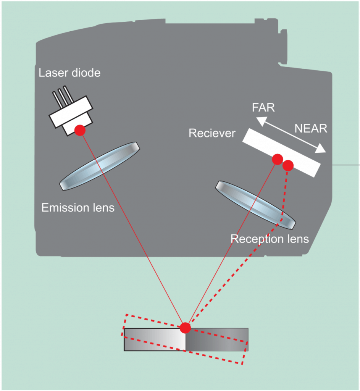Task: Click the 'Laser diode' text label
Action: tap(69, 73)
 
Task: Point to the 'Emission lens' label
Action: tap(78, 208)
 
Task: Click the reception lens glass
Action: tap(255, 205)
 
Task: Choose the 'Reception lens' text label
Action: tap(270, 239)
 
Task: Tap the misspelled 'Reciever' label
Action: tap(212, 134)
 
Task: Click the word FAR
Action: tap(263, 108)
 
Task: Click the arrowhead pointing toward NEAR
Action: tap(321, 149)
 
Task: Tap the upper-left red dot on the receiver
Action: tap(277, 158)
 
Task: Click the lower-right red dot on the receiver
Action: tap(288, 165)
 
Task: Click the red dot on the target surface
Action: tap(185, 328)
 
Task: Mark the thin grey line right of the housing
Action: tap(346, 165)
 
